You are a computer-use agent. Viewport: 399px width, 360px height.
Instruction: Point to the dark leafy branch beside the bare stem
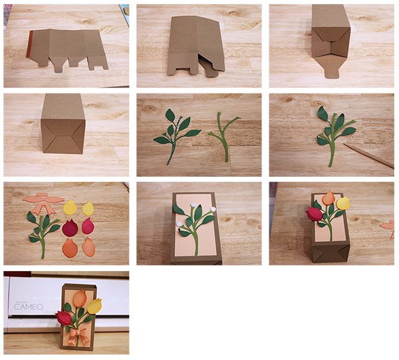(x=174, y=133)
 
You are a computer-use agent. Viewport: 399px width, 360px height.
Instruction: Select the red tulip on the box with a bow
(x=65, y=317)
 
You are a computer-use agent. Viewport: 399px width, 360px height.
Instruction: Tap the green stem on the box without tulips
(x=195, y=229)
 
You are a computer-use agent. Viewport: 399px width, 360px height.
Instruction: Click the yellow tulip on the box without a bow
(x=344, y=203)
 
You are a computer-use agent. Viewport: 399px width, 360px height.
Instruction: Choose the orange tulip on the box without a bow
(x=329, y=197)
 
